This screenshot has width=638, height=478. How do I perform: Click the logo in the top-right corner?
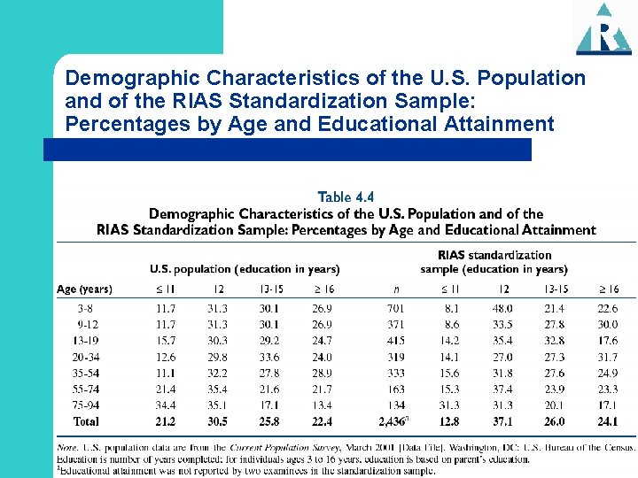tap(603, 28)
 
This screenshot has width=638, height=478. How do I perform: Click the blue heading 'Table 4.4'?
tap(346, 197)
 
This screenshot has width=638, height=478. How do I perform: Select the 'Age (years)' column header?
tap(84, 289)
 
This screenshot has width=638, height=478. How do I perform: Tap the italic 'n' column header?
tap(395, 289)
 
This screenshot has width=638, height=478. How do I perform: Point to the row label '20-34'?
tap(87, 357)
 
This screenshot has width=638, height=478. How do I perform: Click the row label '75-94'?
tap(87, 405)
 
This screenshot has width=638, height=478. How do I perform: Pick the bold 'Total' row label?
tap(87, 422)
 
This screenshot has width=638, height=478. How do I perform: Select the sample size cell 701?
tap(395, 309)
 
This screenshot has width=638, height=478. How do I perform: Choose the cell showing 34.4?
tap(166, 405)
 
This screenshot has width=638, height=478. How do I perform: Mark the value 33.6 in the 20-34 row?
tap(269, 357)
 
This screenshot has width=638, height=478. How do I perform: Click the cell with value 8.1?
tap(452, 309)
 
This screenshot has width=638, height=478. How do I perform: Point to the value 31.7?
tap(608, 357)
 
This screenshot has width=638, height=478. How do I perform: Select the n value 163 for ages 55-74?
tap(395, 389)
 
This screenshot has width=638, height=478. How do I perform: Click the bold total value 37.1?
tap(504, 422)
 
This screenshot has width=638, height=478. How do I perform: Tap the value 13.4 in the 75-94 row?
tap(323, 405)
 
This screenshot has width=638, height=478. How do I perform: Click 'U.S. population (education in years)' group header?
tap(245, 269)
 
